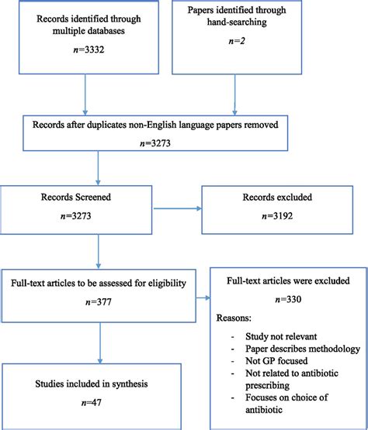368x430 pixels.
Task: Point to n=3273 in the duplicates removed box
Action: (165, 145)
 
